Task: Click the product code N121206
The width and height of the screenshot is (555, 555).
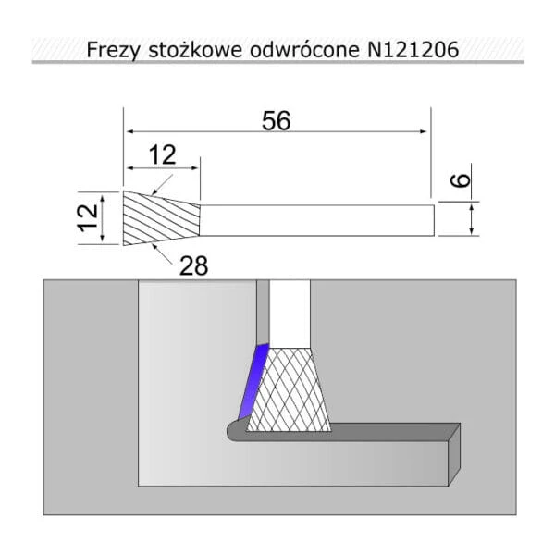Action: [413, 49]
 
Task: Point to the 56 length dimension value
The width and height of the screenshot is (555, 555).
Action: [276, 120]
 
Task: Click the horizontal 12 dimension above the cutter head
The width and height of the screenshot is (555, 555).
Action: [163, 154]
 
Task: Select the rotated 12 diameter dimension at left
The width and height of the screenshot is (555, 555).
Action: [88, 217]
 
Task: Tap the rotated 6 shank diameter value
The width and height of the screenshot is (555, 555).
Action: [460, 180]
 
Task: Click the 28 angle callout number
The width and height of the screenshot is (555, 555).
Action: [193, 265]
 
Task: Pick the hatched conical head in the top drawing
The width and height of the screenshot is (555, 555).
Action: [161, 218]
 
